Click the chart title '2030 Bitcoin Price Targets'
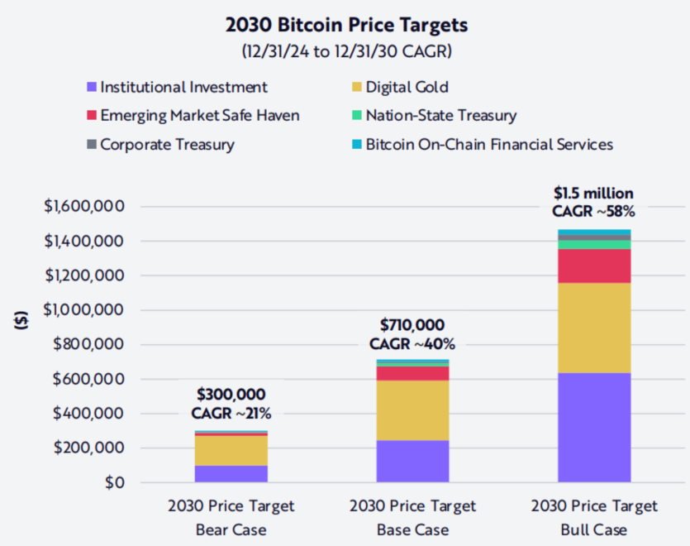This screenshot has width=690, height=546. (346, 25)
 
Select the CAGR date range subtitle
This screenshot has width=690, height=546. (346, 50)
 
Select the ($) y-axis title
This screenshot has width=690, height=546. (21, 319)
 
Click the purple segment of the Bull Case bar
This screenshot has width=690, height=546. (594, 427)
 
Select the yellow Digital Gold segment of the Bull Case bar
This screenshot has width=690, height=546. (594, 328)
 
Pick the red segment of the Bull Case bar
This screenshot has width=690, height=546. (594, 266)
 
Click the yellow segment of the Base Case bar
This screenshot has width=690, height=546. (412, 410)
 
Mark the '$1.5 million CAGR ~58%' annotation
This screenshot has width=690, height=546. (593, 203)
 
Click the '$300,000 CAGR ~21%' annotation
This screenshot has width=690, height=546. (231, 404)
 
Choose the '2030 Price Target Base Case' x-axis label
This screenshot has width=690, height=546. (412, 517)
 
